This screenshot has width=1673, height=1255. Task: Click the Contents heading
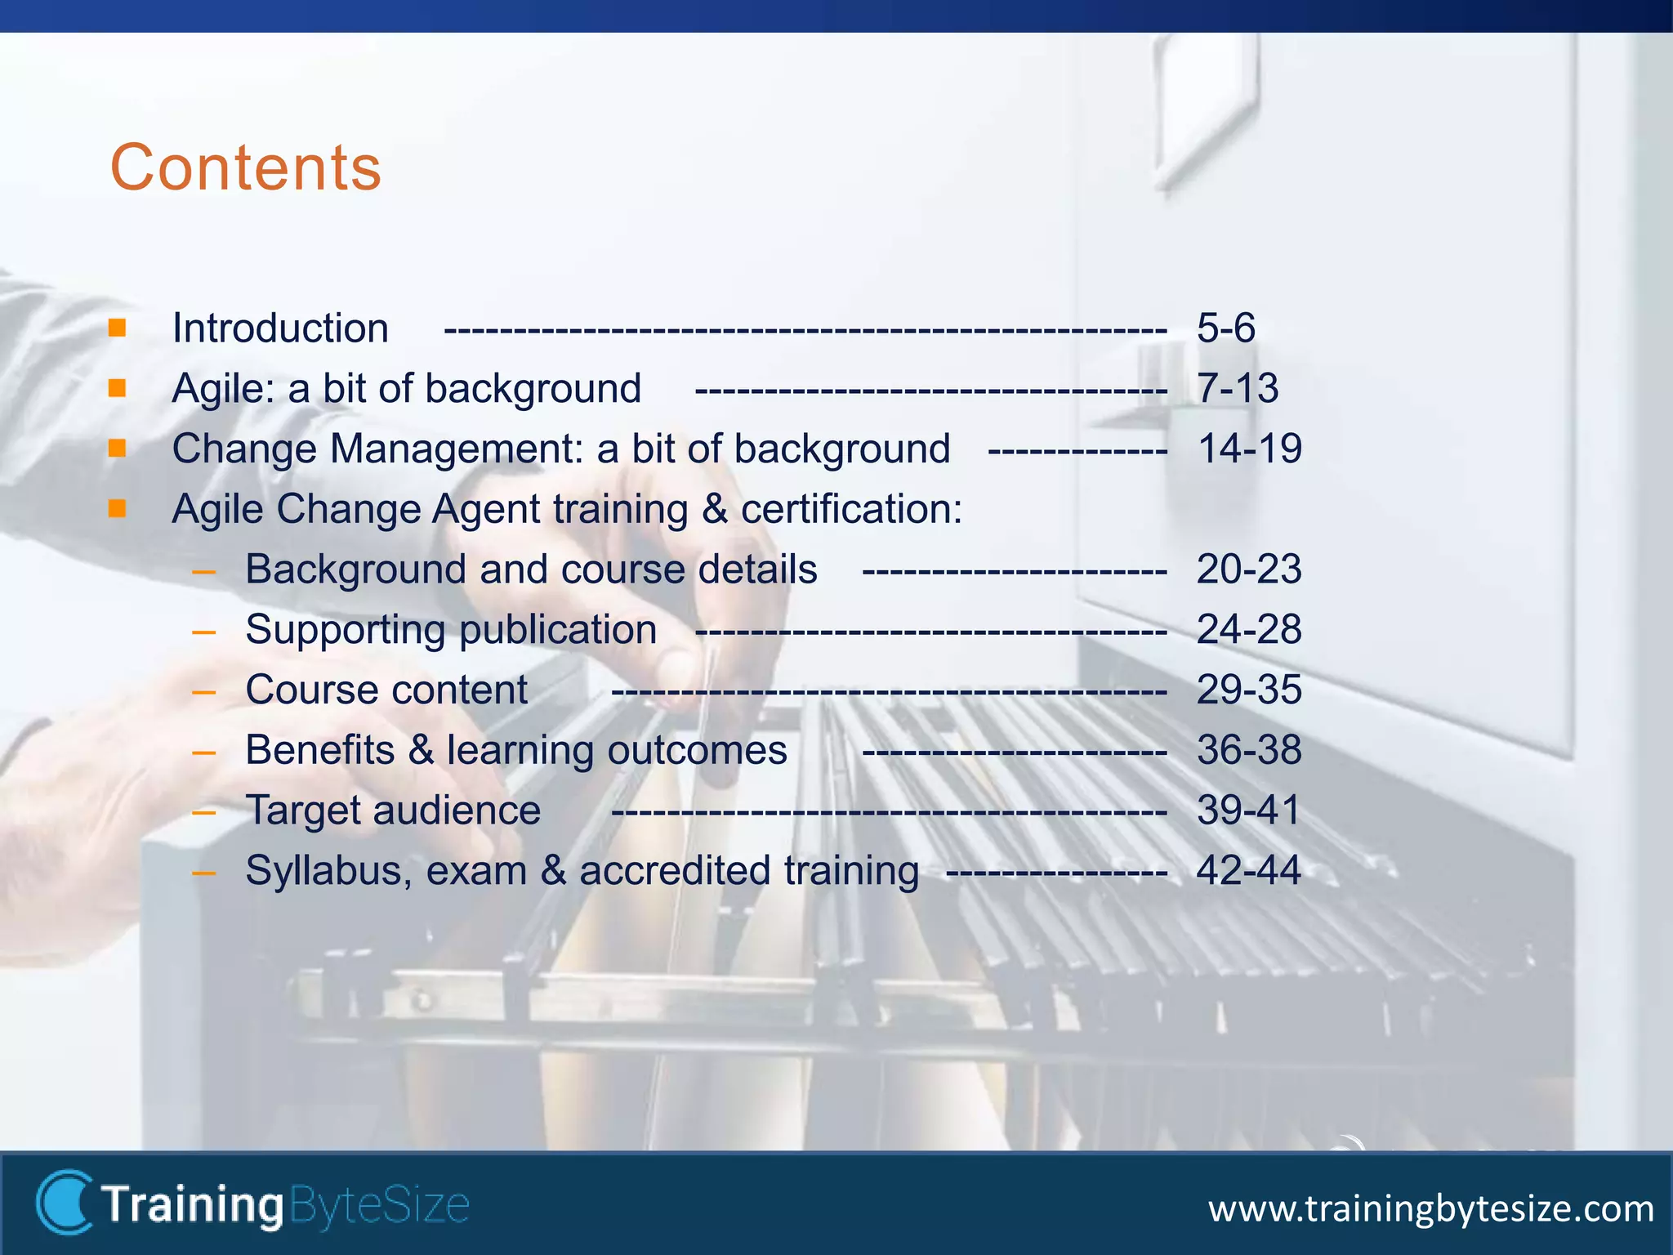point(246,167)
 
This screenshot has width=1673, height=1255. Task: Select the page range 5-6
point(1225,328)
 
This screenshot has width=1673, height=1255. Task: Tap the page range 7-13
point(1237,388)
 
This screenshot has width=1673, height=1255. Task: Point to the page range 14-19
point(1249,449)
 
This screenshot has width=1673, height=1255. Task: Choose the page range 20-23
point(1249,569)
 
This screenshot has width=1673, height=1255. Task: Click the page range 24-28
point(1249,630)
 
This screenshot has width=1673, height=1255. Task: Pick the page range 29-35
point(1249,690)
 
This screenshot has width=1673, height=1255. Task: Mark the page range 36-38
point(1249,750)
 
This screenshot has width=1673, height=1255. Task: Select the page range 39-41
point(1249,811)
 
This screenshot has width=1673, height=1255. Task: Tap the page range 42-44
point(1249,871)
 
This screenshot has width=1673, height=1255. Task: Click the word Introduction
point(280,328)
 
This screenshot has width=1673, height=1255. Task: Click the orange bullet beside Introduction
point(118,328)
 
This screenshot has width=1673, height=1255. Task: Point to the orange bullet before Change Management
point(118,449)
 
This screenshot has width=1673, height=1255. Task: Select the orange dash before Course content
point(203,692)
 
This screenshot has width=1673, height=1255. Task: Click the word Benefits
point(319,750)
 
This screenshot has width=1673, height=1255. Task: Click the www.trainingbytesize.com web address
point(1430,1208)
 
